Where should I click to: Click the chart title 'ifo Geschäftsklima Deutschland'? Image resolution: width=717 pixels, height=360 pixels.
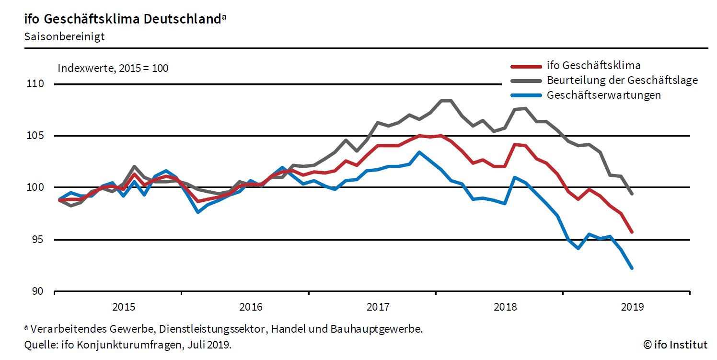(122, 19)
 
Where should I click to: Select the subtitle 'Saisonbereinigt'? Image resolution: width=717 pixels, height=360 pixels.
(64, 37)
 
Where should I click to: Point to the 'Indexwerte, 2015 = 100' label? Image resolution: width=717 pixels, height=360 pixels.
(113, 68)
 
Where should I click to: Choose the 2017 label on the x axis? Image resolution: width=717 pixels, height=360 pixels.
(378, 306)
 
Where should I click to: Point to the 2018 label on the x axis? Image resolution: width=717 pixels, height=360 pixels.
(505, 306)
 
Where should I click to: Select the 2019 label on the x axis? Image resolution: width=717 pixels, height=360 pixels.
(632, 306)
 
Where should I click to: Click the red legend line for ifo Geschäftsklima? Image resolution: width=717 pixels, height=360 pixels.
(526, 66)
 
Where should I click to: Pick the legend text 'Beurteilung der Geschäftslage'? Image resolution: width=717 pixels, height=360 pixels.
(622, 80)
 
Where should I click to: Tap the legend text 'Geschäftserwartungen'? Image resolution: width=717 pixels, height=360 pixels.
(603, 95)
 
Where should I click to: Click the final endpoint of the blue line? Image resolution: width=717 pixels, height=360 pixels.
(632, 268)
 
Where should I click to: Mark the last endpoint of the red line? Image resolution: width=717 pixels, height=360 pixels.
(632, 232)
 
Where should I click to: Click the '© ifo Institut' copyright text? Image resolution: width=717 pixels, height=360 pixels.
(675, 344)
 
